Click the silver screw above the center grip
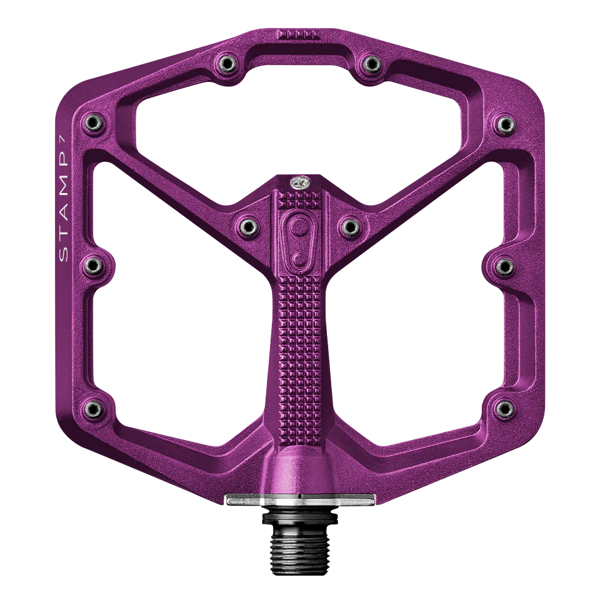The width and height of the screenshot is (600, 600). pyautogui.click(x=299, y=182)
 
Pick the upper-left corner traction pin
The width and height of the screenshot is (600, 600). pyautogui.click(x=92, y=121)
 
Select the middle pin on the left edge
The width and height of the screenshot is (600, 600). pyautogui.click(x=92, y=265)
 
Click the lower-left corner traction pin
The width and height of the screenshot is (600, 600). pyautogui.click(x=92, y=408)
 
